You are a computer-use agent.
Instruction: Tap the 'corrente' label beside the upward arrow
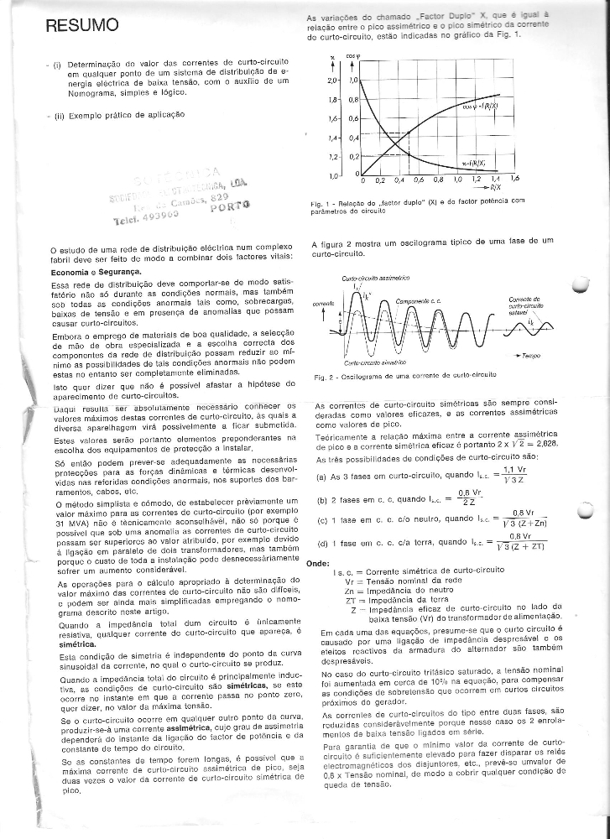pos(323,304)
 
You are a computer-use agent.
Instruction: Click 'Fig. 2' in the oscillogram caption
pos(320,378)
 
